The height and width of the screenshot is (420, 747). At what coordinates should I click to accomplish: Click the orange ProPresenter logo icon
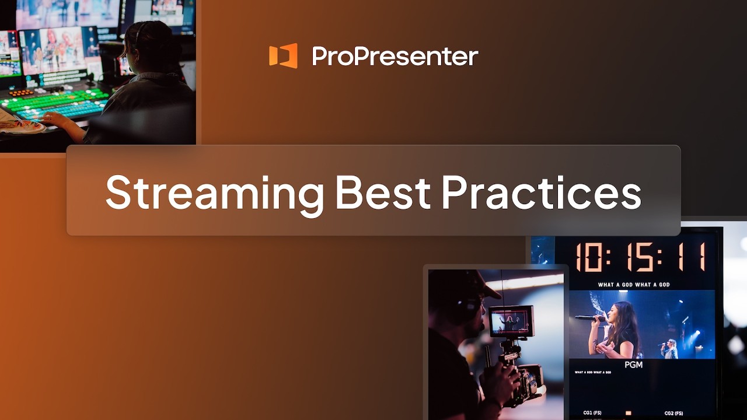[283, 56]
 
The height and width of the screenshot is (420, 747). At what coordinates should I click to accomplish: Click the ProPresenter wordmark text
[395, 57]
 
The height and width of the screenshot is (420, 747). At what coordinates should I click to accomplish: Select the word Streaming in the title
[214, 191]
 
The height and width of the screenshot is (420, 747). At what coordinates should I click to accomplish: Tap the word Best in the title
[382, 191]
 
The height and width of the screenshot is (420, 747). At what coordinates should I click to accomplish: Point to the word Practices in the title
[541, 191]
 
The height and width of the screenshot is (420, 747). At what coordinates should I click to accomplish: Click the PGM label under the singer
[633, 365]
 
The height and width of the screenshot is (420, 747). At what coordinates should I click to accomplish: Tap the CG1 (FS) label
[592, 413]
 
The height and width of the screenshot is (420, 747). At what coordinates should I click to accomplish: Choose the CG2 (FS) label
[673, 413]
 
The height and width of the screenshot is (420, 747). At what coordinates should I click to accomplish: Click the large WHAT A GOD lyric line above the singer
[633, 285]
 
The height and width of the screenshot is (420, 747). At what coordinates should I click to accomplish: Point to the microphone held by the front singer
[589, 318]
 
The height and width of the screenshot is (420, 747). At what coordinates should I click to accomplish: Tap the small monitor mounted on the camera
[511, 321]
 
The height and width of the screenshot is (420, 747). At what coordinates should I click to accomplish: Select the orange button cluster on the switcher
[22, 93]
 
